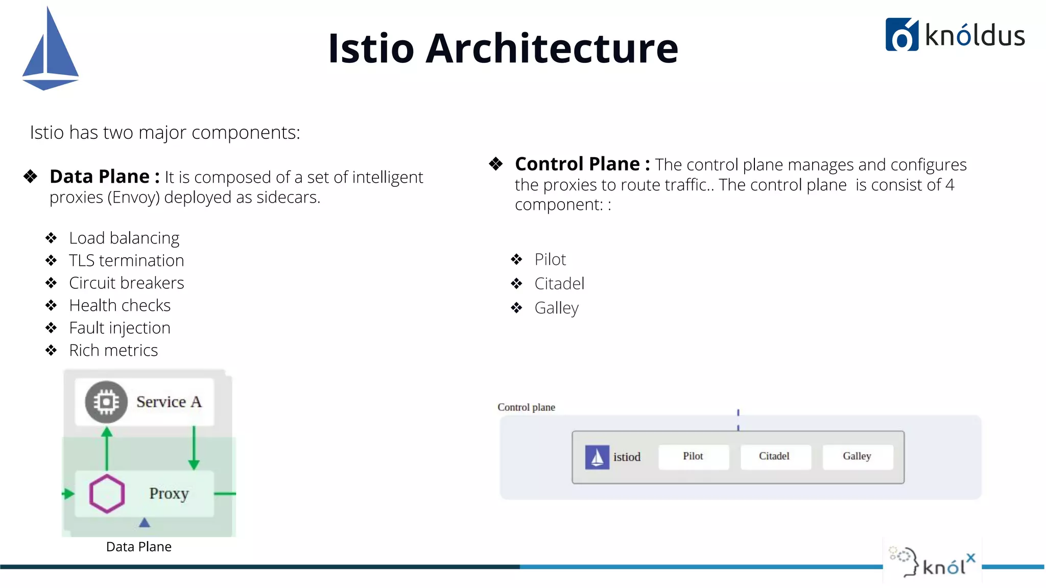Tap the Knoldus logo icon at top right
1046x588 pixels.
coord(901,35)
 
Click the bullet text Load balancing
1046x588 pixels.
coord(124,238)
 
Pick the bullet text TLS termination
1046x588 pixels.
coord(126,260)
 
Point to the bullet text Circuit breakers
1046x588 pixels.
coord(126,283)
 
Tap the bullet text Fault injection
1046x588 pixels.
coord(120,328)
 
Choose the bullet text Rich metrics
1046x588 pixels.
coord(113,350)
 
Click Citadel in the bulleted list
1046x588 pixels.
coord(559,284)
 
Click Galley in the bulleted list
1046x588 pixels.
coord(556,308)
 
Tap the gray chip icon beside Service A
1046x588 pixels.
coord(106,402)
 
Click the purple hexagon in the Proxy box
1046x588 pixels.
coord(107,494)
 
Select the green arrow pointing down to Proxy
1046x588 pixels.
coord(194,448)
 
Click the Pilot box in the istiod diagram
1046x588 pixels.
coord(693,456)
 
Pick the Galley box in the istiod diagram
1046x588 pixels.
coord(857,456)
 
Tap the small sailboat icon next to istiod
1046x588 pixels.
coord(597,457)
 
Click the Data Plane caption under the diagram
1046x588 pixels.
coord(139,547)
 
